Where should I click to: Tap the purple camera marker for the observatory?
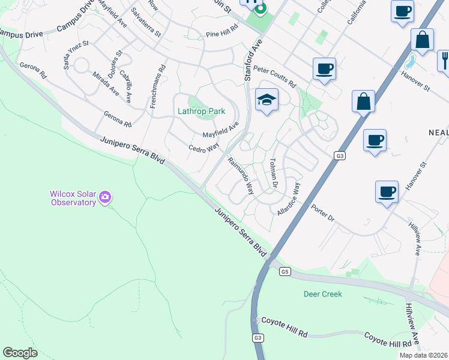tap(106, 196)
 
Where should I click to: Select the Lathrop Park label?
tap(200, 111)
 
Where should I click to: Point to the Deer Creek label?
tap(322, 294)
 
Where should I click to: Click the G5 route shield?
tap(285, 272)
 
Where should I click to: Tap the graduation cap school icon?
tap(267, 100)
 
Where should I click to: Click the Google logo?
tap(20, 352)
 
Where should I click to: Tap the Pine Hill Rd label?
tap(222, 34)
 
